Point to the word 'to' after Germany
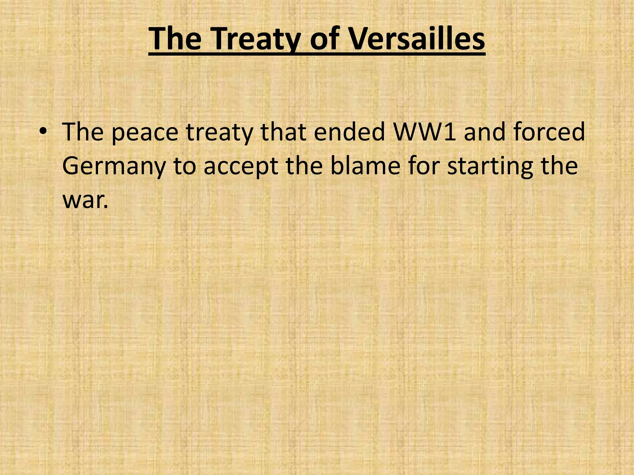coord(185,166)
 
